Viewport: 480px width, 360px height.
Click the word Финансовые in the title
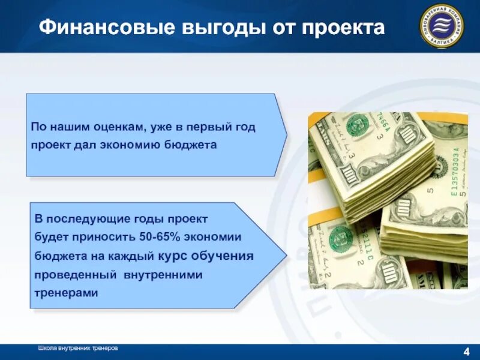coord(95,28)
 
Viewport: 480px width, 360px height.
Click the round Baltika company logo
coord(441,26)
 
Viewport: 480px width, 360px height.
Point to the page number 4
coord(466,352)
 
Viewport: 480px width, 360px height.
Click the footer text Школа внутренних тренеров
coord(78,348)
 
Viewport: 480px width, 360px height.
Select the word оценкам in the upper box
coord(119,127)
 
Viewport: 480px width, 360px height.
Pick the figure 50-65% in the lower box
coord(166,238)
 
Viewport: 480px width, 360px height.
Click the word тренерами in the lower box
coord(66,293)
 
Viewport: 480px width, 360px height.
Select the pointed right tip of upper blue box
coord(287,134)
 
